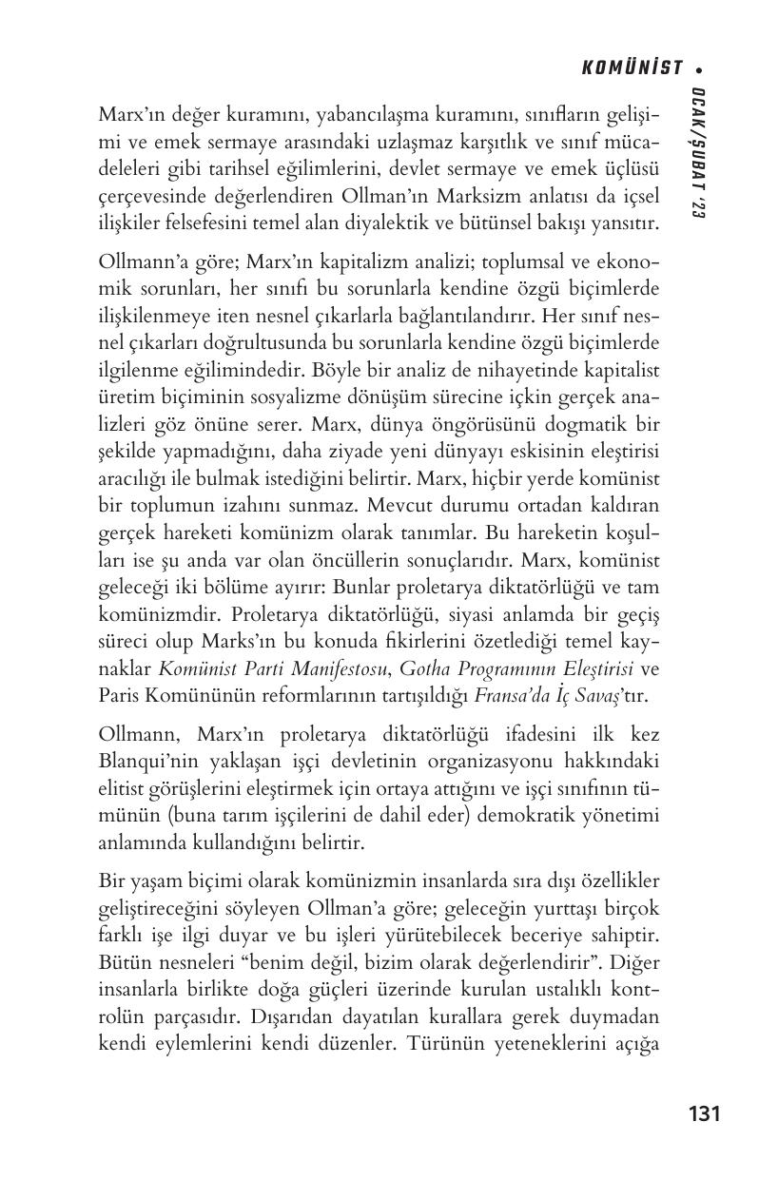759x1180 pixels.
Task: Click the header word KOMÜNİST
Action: pyautogui.click(x=632, y=68)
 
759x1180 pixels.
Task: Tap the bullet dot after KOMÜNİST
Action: pyautogui.click(x=699, y=68)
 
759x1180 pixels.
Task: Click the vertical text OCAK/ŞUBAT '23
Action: pyautogui.click(x=699, y=157)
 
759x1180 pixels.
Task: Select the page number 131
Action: pyautogui.click(x=704, y=1113)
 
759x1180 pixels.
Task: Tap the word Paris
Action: pyautogui.click(x=119, y=696)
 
